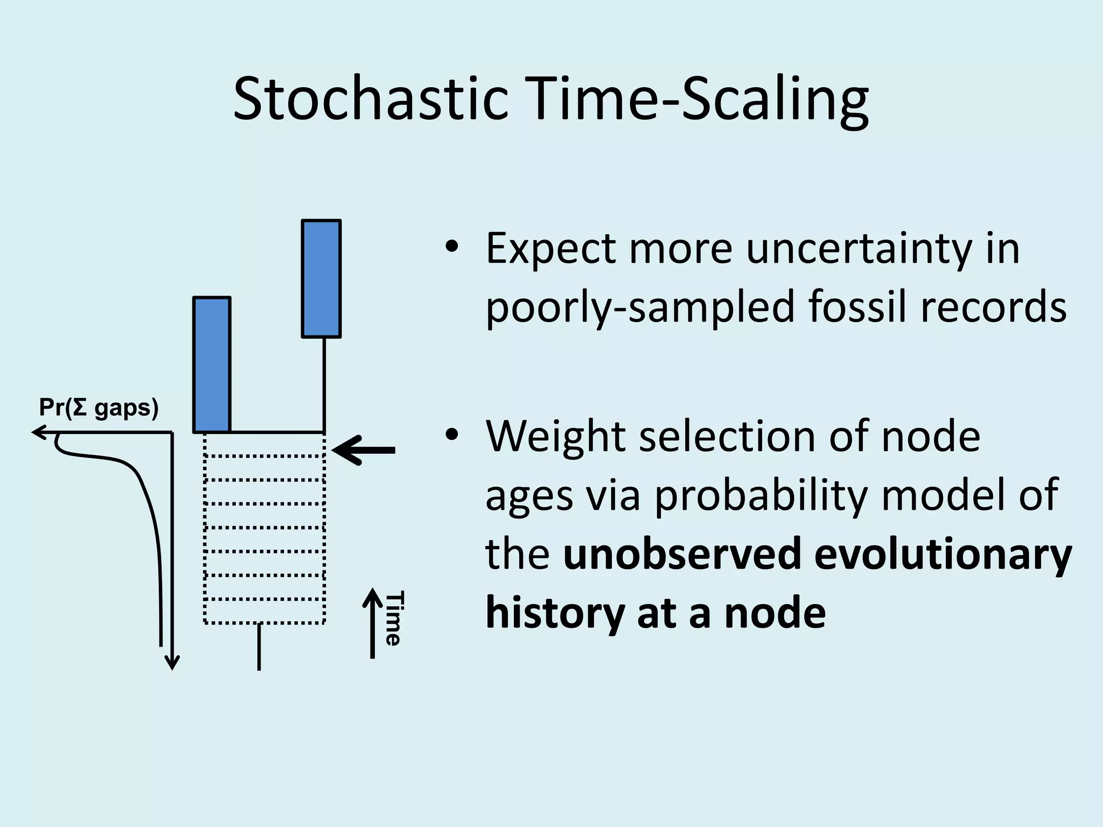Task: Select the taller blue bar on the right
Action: pos(321,278)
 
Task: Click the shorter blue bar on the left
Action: pos(212,365)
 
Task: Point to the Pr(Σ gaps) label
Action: pos(99,408)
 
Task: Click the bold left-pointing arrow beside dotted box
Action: pos(364,450)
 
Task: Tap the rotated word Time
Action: pos(393,618)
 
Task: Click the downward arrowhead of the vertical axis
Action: pos(172,663)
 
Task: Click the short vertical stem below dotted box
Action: pos(259,647)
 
